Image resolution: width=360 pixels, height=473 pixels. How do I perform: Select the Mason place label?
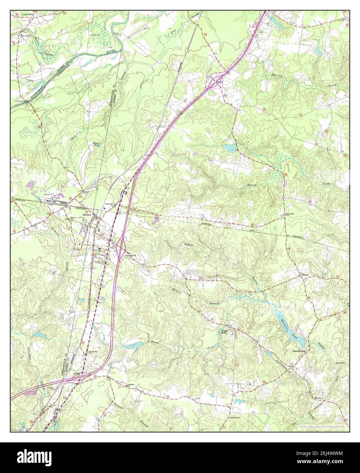click(319, 397)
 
